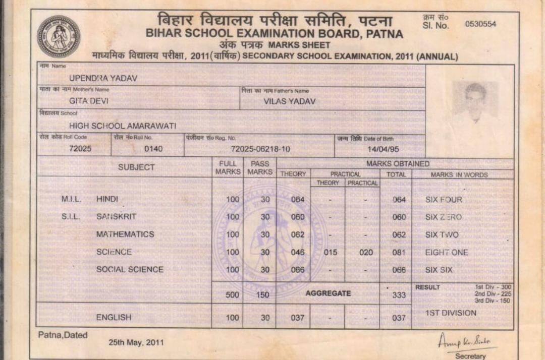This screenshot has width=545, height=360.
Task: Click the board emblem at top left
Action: pyautogui.click(x=59, y=36)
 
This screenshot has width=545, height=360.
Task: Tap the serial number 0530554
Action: pyautogui.click(x=480, y=24)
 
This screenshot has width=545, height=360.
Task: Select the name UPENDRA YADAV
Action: pyautogui.click(x=103, y=78)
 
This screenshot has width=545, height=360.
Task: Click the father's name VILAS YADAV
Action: pyautogui.click(x=290, y=101)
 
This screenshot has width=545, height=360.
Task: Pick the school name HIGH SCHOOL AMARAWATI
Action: pyautogui.click(x=123, y=126)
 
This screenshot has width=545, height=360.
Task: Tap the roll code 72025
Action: pyautogui.click(x=80, y=148)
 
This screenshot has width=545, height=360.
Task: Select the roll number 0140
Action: pyautogui.click(x=153, y=149)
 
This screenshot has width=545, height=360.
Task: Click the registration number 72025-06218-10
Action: pyautogui.click(x=260, y=149)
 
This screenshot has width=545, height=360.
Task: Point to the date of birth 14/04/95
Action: pyautogui.click(x=380, y=149)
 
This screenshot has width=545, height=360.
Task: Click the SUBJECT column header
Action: pyautogui.click(x=136, y=167)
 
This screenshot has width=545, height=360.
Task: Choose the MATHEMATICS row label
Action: pyautogui.click(x=125, y=234)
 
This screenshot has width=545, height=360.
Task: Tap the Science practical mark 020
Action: pyautogui.click(x=366, y=252)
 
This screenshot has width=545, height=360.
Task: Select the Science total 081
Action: pyautogui.click(x=399, y=252)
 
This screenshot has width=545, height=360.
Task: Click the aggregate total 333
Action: pyautogui.click(x=399, y=295)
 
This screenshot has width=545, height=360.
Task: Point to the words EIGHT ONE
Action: pyautogui.click(x=447, y=252)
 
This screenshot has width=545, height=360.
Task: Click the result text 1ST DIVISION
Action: pyautogui.click(x=451, y=313)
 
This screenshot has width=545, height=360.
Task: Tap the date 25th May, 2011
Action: pyautogui.click(x=136, y=343)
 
